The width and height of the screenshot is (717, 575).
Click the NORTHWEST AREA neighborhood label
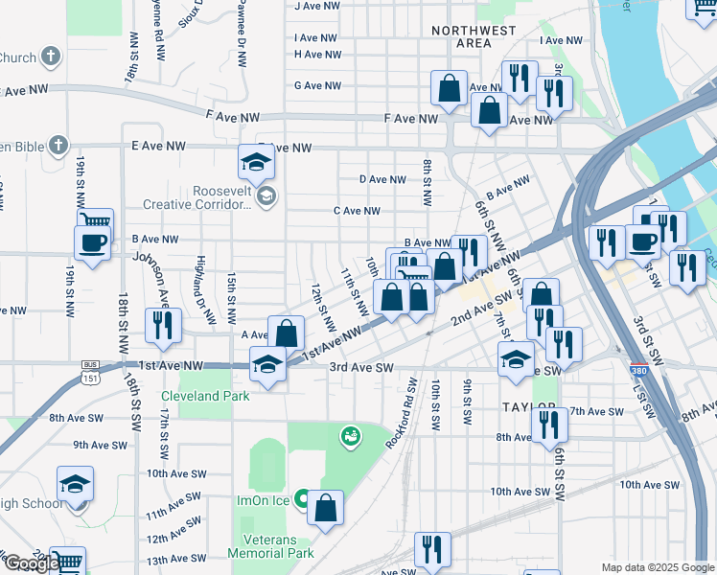[x=474, y=36]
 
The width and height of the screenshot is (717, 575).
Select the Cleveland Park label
[x=205, y=396]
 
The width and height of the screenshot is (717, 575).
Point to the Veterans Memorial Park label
[x=270, y=547]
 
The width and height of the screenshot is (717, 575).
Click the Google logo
[x=31, y=563]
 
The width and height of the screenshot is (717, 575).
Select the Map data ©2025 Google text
[x=658, y=567]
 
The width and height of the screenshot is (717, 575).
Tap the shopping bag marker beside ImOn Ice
[x=326, y=509]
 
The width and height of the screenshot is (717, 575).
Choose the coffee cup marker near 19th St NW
[x=93, y=243]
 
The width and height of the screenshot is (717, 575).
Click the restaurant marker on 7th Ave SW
[x=547, y=424]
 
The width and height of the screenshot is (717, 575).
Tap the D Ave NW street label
[x=382, y=179]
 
